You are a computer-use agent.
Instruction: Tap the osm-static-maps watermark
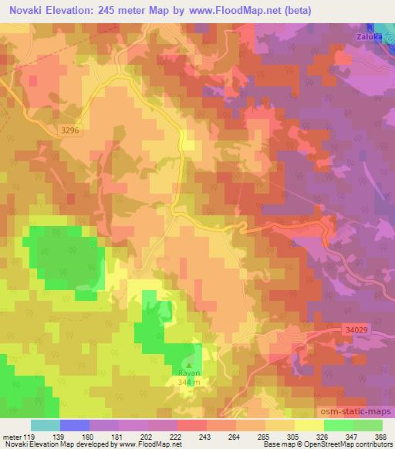[x=352, y=410]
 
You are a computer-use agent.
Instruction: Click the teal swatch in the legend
[x=46, y=425]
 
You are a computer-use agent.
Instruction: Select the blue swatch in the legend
[x=75, y=425]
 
